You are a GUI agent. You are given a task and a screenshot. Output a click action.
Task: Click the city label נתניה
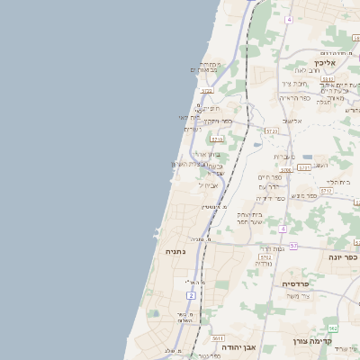[174, 252]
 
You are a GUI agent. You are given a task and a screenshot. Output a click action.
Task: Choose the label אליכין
[325, 63]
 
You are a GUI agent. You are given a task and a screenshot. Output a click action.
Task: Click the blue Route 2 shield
[192, 295]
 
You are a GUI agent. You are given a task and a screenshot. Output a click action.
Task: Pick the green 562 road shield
[332, 328]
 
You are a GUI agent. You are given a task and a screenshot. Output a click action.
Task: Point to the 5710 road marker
[216, 139]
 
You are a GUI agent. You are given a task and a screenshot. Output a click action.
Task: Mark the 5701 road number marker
[304, 167]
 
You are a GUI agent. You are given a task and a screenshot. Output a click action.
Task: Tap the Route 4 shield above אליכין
[289, 19]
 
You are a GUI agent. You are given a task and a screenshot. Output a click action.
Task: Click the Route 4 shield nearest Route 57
[283, 229]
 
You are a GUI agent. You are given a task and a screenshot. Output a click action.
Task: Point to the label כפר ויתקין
[218, 121]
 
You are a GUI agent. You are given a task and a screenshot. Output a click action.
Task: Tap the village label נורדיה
[264, 264]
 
